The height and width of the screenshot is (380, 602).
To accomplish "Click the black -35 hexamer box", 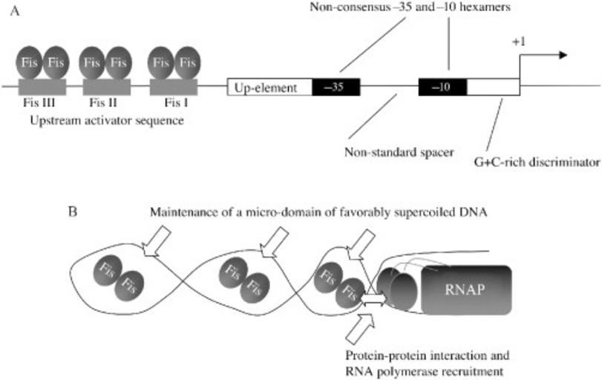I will [x=336, y=87].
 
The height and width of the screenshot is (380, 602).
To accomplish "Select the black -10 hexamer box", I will [x=442, y=87].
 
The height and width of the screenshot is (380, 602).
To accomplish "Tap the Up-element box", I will [x=269, y=87].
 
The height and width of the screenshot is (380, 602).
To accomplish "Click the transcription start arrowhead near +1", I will [x=562, y=55].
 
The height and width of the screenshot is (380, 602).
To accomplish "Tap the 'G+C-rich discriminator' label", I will [x=537, y=159].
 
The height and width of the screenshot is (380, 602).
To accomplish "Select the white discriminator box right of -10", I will [x=492, y=87].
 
